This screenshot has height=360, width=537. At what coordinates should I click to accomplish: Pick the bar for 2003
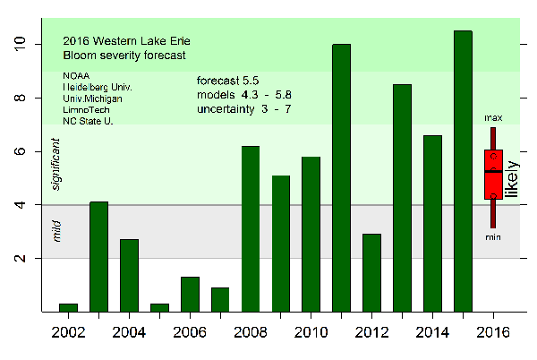point(98,257)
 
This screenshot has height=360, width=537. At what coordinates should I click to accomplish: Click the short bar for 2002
point(68,307)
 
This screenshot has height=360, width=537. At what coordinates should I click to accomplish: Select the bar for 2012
point(371,272)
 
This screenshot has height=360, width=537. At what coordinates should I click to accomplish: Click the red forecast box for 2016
point(493,174)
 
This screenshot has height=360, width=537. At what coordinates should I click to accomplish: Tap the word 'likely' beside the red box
point(512,180)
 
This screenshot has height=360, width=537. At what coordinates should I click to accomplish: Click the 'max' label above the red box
point(493,118)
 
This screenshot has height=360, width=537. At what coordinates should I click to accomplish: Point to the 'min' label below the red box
point(493,237)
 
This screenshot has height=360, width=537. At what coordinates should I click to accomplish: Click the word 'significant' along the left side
point(56,164)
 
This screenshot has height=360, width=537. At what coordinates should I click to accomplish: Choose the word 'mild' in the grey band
point(56,231)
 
